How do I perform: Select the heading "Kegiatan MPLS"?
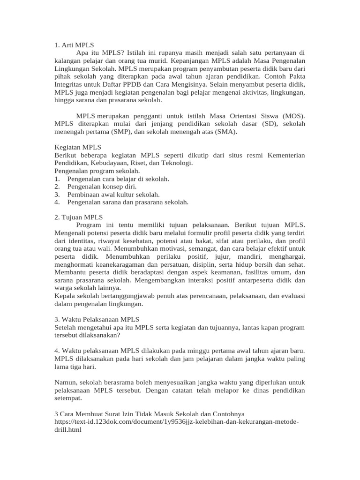(x=78, y=147)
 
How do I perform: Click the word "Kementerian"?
(x=286, y=155)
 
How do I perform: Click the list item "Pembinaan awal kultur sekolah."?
(x=113, y=194)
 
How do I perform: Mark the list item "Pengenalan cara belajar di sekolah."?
(x=118, y=179)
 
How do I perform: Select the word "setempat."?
(x=68, y=398)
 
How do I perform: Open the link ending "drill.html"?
(x=68, y=429)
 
